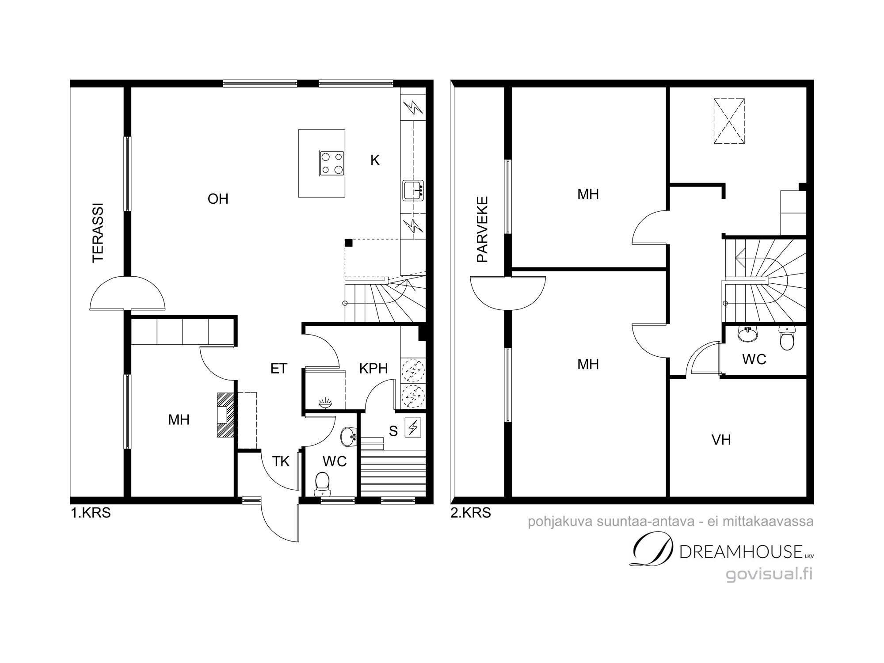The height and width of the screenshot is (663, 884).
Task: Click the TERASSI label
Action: coord(97,233)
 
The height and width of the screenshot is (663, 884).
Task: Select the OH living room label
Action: coord(218,199)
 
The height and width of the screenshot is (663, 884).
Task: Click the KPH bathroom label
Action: coord(373,368)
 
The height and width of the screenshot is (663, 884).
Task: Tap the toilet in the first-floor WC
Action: coord(322,484)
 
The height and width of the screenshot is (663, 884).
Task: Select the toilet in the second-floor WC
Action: coord(787,338)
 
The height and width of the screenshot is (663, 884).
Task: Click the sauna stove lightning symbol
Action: coord(413,427)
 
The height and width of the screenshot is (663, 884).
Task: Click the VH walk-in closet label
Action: coord(721,439)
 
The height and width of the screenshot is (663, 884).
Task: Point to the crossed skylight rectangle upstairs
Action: coord(729,121)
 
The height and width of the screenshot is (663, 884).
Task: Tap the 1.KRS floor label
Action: coord(91,513)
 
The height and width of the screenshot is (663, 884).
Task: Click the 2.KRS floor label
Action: coord(471,513)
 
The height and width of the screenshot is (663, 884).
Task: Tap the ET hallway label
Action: coord(278,368)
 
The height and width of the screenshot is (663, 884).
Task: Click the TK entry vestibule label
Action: coord(281,461)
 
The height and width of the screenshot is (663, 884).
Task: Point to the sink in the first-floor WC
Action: coord(348,437)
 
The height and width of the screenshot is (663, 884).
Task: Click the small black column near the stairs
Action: coord(349,243)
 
